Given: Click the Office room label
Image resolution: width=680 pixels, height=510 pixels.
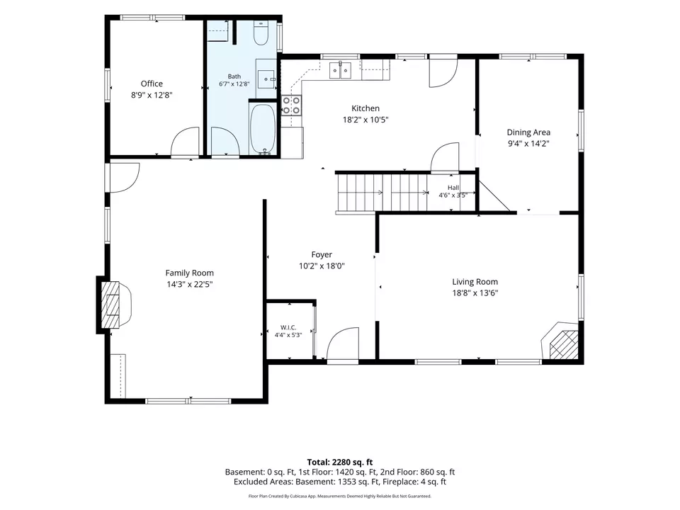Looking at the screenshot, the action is pos(152,84).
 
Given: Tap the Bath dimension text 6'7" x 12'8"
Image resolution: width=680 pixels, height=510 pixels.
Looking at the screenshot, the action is pos(234,84).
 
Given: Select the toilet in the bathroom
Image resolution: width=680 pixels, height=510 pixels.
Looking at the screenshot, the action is pos(261,33).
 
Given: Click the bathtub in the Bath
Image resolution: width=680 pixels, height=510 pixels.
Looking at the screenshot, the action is pos(263,129).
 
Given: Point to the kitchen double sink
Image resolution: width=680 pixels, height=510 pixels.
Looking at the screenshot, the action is pos(340,70).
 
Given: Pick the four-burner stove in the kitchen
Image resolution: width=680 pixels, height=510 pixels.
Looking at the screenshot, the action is pos(291,105).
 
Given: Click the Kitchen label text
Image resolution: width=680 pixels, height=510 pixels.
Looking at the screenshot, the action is pos(365,108).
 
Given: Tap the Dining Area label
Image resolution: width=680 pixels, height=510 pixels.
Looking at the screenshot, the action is pos(528,132).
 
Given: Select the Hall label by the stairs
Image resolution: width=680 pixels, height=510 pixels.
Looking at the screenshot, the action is pos(453,188).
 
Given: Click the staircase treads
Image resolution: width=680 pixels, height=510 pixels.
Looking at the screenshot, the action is pos(382,193).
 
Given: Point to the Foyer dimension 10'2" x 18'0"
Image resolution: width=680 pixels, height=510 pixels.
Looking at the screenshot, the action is pos(322,266).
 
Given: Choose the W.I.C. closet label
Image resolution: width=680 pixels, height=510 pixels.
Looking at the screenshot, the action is pos(288,327).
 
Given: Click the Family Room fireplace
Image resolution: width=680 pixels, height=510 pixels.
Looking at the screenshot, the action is pos(110,305).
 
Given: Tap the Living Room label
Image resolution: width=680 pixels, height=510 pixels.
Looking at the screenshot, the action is pos(475,282).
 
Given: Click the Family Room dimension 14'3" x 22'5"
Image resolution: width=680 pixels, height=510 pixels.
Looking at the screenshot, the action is pos(190,285).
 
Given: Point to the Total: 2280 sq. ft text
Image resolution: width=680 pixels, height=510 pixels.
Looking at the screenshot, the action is pos(339,463).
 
